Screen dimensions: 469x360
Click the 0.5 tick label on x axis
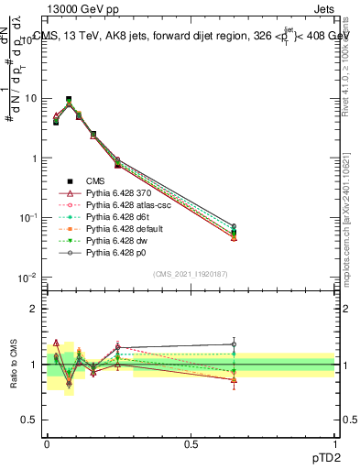tap(191, 442)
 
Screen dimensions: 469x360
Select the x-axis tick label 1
tap(335, 442)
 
